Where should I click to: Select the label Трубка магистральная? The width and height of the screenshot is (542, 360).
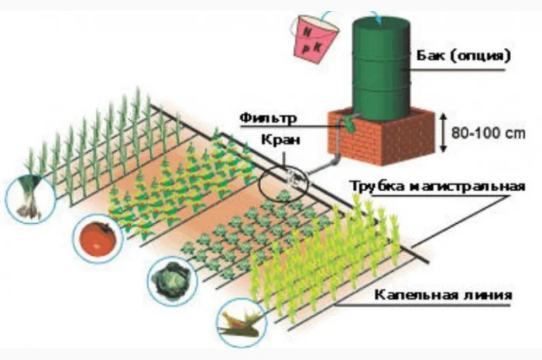tap(437, 187)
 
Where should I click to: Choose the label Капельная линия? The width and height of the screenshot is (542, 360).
tap(442, 295)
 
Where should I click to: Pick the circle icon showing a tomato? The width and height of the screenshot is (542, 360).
tap(98, 238)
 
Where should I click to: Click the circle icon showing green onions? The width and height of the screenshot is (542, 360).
tap(28, 198)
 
